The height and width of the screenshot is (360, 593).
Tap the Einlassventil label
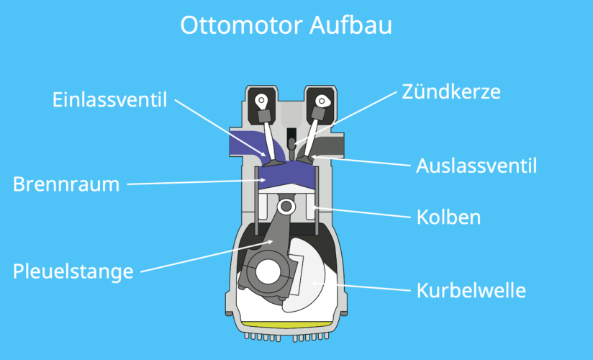point(109,99)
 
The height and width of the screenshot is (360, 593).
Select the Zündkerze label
point(450,92)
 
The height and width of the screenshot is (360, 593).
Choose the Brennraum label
point(65,184)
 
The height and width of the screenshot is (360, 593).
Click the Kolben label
point(448,217)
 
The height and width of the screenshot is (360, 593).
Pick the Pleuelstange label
point(73,271)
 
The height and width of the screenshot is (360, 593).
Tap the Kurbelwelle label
point(471,291)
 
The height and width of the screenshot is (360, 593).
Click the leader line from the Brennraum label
point(194,181)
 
